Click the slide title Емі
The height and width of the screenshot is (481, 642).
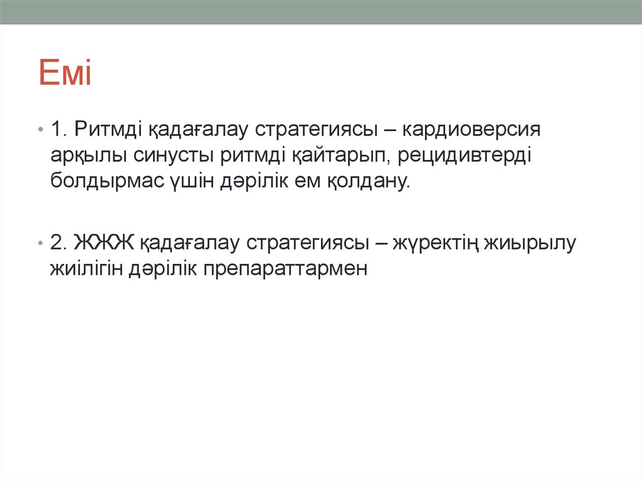(65, 73)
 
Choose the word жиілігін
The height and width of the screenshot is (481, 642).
(87, 268)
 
